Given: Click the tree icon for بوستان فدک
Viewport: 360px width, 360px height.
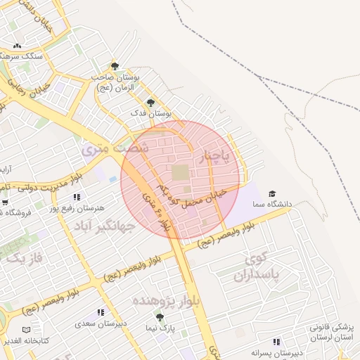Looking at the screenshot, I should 150,103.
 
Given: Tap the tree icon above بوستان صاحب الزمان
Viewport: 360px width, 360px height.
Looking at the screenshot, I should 115,65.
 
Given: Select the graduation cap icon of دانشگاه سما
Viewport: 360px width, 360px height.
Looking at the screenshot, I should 272,194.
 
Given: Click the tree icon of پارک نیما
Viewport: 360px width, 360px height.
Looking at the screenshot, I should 160,318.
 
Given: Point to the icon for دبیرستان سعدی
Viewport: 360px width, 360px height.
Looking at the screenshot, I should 101,312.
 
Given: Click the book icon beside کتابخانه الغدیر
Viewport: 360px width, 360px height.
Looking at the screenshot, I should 27,330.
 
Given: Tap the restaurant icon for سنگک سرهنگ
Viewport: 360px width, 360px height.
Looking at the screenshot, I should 17,46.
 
